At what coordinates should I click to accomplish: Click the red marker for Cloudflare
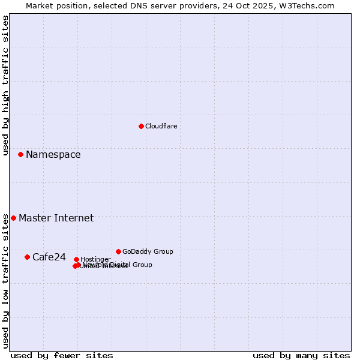click(141, 126)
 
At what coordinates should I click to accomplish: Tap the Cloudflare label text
click(161, 126)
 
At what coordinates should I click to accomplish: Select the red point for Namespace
click(20, 154)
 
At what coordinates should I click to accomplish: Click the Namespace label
click(53, 155)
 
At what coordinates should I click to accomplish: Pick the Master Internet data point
click(13, 218)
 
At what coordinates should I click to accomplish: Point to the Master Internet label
click(56, 218)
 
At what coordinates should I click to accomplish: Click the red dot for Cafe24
click(27, 257)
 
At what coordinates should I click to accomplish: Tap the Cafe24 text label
click(49, 257)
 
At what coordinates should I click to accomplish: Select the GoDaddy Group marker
click(118, 251)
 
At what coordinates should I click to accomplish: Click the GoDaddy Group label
click(148, 251)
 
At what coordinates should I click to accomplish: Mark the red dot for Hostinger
click(76, 259)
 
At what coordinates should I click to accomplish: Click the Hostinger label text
click(95, 259)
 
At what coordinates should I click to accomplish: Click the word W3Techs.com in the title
click(310, 5)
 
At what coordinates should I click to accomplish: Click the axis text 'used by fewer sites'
click(62, 355)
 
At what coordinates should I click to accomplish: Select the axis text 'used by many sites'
click(301, 355)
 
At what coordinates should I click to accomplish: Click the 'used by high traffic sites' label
click(5, 85)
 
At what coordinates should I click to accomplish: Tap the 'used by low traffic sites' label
click(5, 281)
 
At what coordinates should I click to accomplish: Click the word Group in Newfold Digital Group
click(142, 265)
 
